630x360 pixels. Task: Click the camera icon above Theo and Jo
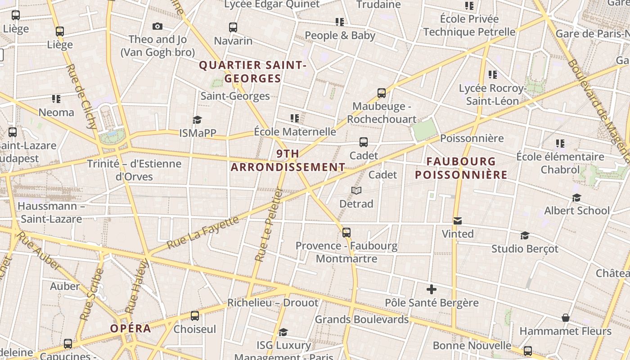157,26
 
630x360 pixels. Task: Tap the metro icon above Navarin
233,27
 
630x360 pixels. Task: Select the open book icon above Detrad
356,191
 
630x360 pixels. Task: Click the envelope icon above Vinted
458,221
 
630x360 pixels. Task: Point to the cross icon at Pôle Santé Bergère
432,289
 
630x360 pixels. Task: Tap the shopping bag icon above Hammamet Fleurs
566,318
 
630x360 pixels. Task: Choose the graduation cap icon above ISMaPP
197,120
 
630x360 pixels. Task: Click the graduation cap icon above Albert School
576,198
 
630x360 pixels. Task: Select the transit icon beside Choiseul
194,316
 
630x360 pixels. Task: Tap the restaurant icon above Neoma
56,99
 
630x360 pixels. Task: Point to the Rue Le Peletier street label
268,225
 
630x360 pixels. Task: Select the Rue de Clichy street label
81,96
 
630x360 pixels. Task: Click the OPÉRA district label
130,328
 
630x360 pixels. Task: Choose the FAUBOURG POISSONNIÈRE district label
461,168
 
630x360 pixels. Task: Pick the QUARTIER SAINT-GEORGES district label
252,72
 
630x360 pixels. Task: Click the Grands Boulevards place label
361,319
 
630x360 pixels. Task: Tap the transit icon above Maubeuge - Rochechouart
382,93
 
